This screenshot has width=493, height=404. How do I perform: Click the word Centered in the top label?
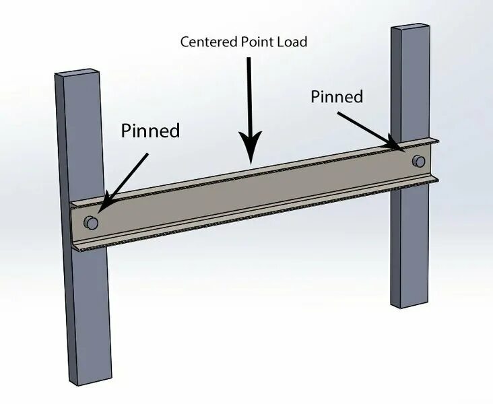pyautogui.click(x=207, y=42)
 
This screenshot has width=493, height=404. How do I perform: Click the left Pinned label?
pyautogui.click(x=150, y=130)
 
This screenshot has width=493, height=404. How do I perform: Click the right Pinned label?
pyautogui.click(x=337, y=96)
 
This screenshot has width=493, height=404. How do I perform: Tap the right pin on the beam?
pyautogui.click(x=419, y=161)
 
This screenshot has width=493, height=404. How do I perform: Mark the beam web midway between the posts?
pyautogui.click(x=253, y=192)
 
